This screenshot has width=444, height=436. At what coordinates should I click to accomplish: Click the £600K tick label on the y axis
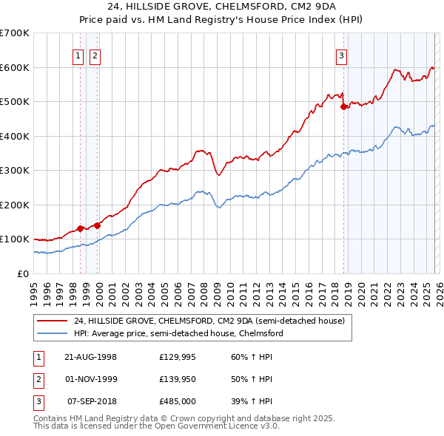(15, 67)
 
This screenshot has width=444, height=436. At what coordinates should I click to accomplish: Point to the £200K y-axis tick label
(15, 205)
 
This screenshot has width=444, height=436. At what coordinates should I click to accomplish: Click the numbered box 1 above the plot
(78, 55)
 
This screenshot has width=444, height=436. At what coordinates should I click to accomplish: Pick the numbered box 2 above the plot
(95, 55)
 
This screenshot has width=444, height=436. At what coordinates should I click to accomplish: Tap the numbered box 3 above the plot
(341, 55)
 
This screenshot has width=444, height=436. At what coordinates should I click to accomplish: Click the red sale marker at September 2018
(343, 107)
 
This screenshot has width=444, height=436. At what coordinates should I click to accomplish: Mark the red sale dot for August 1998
(81, 229)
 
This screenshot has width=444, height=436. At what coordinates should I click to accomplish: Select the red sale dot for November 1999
(96, 225)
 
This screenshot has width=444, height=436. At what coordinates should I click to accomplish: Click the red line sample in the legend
(53, 321)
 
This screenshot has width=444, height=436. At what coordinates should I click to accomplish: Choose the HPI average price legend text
(178, 333)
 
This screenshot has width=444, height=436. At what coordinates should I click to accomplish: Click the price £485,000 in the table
(178, 401)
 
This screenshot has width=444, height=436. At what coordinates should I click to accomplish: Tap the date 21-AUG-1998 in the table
(90, 357)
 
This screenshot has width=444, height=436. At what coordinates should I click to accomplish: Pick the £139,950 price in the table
(178, 379)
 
